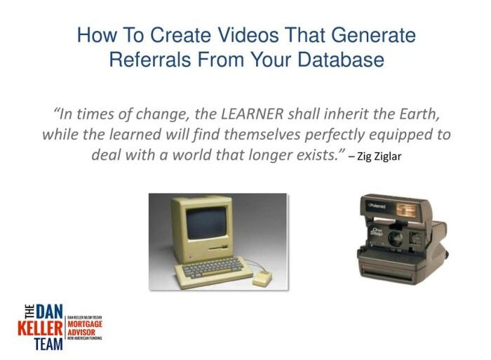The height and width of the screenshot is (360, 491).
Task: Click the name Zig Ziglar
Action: click(379, 156)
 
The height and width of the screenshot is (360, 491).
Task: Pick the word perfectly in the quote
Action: click(318, 134)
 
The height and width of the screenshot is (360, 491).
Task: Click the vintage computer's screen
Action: click(208, 227)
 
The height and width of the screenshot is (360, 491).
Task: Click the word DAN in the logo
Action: click(48, 311)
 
